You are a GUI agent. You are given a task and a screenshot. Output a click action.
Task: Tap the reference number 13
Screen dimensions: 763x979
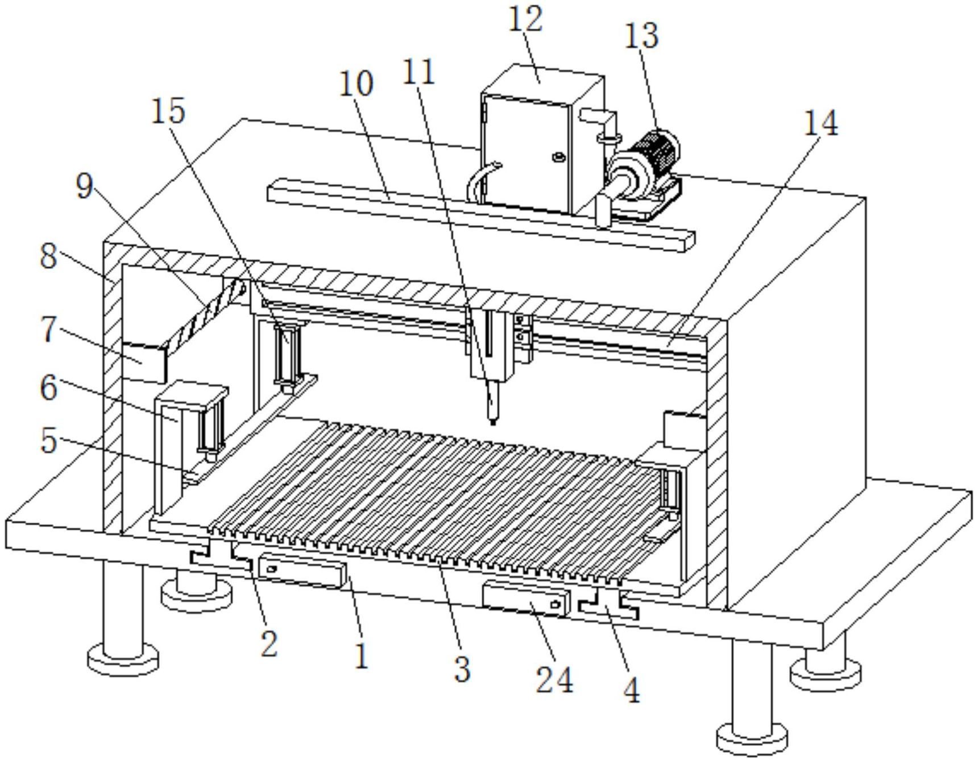tap(641, 35)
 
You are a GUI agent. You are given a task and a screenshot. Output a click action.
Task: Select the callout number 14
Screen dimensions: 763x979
tap(820, 123)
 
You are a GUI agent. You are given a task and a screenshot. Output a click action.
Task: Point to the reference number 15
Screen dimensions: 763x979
tap(168, 110)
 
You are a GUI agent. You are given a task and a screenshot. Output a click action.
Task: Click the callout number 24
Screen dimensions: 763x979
tap(554, 679)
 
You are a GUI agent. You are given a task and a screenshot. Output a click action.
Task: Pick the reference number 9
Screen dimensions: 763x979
tap(85, 185)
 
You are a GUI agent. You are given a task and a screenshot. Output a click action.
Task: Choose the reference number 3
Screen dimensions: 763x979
tap(462, 669)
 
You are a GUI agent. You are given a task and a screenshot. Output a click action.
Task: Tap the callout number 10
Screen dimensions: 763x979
tap(356, 84)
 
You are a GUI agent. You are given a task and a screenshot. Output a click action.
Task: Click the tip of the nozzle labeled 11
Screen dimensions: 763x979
tap(492, 422)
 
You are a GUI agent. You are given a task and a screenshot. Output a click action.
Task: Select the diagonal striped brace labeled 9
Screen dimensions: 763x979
tap(205, 314)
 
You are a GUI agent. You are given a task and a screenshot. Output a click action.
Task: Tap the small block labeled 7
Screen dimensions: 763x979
tap(144, 361)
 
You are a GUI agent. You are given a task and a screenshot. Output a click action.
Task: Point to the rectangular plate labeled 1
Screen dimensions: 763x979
tap(302, 572)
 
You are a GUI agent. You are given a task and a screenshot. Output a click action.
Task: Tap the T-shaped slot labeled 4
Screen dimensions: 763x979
tap(608, 606)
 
